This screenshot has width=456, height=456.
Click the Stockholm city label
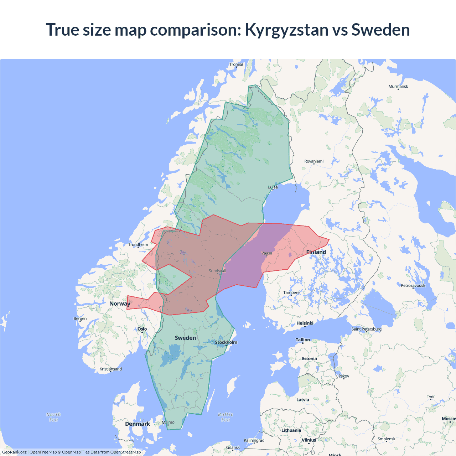tap(226, 342)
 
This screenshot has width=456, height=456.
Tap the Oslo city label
tap(142, 329)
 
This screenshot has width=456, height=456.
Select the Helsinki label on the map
tap(305, 323)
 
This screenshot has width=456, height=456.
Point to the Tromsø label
tap(236, 64)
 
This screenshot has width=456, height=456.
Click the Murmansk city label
tap(398, 87)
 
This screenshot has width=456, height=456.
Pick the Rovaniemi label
tap(314, 161)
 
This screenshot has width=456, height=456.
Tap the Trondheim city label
tap(138, 244)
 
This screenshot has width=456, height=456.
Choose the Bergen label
tap(80, 318)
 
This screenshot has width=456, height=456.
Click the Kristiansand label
tap(110, 369)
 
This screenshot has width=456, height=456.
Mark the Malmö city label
tap(168, 423)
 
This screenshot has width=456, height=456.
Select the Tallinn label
tap(303, 340)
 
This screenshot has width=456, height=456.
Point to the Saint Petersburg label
tap(366, 329)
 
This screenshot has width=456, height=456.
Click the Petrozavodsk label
tap(413, 285)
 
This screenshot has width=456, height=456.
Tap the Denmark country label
tap(138, 424)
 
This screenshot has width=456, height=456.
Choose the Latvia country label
tap(302, 400)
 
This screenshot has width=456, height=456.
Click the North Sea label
tap(53, 417)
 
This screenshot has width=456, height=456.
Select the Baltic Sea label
tap(226, 417)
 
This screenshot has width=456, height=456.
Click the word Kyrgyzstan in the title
tap(287, 30)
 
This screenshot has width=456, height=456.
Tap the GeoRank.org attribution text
tap(14, 452)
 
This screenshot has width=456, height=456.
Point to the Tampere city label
tap(291, 292)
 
